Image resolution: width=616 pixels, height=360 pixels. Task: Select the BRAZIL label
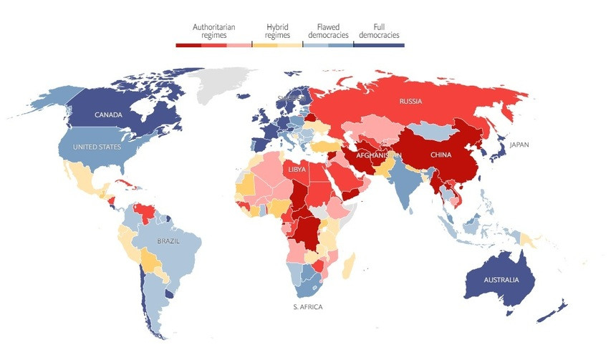(x=169, y=241)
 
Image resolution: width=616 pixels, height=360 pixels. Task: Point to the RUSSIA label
(x=411, y=102)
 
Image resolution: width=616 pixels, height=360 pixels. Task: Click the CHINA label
(x=439, y=154)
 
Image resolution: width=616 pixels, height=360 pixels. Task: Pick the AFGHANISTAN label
(x=373, y=155)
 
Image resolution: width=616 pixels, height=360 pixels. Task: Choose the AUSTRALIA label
(x=501, y=279)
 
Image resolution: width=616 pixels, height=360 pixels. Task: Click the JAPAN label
(x=520, y=145)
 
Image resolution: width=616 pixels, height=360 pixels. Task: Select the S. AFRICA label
(x=307, y=307)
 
